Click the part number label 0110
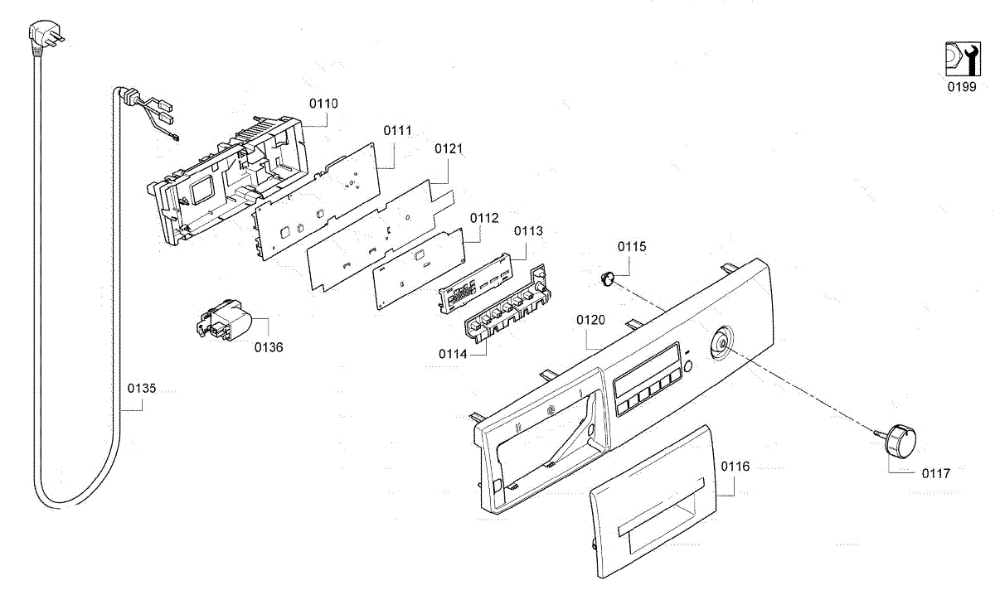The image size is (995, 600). pyautogui.click(x=323, y=104)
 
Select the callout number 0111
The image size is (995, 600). pyautogui.click(x=398, y=131)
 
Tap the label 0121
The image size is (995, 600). pyautogui.click(x=449, y=149)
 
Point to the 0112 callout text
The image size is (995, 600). pyautogui.click(x=484, y=218)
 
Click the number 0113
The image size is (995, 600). pyautogui.click(x=528, y=231)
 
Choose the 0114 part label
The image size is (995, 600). pyautogui.click(x=454, y=354)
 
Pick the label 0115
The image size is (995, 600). pyautogui.click(x=632, y=247)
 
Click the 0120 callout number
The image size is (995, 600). pyautogui.click(x=591, y=320)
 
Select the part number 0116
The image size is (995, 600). pyautogui.click(x=735, y=467)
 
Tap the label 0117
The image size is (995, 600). pyautogui.click(x=936, y=473)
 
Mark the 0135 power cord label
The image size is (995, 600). pyautogui.click(x=142, y=388)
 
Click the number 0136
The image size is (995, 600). pyautogui.click(x=269, y=347)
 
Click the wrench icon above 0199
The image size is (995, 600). pyautogui.click(x=961, y=60)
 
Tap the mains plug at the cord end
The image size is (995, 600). pyautogui.click(x=41, y=36)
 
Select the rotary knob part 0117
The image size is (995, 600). pyautogui.click(x=899, y=436)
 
